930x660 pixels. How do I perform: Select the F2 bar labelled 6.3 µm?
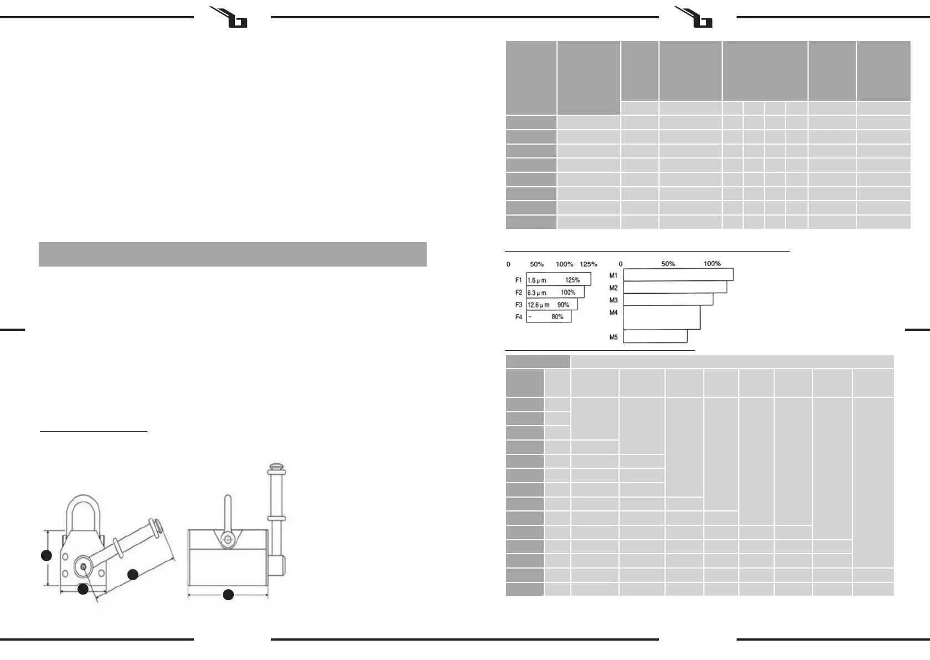pos(555,292)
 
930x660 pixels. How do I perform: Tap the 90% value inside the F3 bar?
pos(563,305)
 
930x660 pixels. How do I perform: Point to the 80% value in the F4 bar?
pos(558,317)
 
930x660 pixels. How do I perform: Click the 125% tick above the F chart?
pos(588,264)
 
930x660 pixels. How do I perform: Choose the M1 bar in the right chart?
pos(678,275)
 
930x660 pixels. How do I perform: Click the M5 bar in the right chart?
pos(655,336)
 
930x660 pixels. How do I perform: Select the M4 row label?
pos(614,313)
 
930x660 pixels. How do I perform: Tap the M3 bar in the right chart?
pos(668,300)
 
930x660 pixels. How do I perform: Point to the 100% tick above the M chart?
pos(712,264)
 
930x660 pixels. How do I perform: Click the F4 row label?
pos(519,317)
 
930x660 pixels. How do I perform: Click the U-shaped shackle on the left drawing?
pos(83,513)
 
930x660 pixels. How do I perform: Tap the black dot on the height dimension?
pos(47,555)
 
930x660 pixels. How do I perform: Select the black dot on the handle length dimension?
pos(133,575)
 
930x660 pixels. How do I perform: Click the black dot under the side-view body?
pos(228,595)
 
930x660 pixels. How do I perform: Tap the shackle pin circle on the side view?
pos(227,540)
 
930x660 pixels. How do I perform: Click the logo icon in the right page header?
pos(695,17)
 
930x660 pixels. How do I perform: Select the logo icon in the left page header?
pos(229,17)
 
